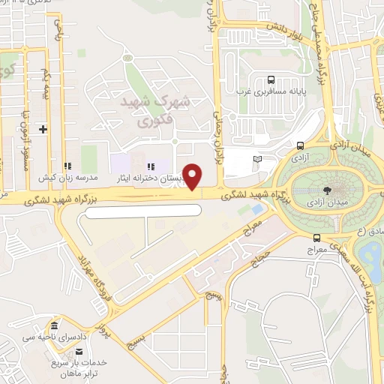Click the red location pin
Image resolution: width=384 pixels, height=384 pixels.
[x=193, y=176]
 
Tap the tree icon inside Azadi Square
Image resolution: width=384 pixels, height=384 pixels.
[x=328, y=190]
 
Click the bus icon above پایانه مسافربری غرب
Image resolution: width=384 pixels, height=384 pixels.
[x=270, y=80]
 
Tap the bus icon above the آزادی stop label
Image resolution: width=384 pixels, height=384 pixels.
[x=300, y=146]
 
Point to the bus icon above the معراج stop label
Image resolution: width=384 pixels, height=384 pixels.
[x=317, y=238]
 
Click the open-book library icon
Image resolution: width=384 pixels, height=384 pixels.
[x=258, y=159]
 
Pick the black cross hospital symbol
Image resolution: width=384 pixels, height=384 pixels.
[x=43, y=129]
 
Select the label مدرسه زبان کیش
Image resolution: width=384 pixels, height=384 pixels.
[x=69, y=178]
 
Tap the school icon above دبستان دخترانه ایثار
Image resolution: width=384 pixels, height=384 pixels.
[x=150, y=166]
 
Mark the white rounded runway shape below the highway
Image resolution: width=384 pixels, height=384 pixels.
[x=144, y=211]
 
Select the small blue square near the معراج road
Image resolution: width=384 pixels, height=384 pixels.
[x=258, y=208]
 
